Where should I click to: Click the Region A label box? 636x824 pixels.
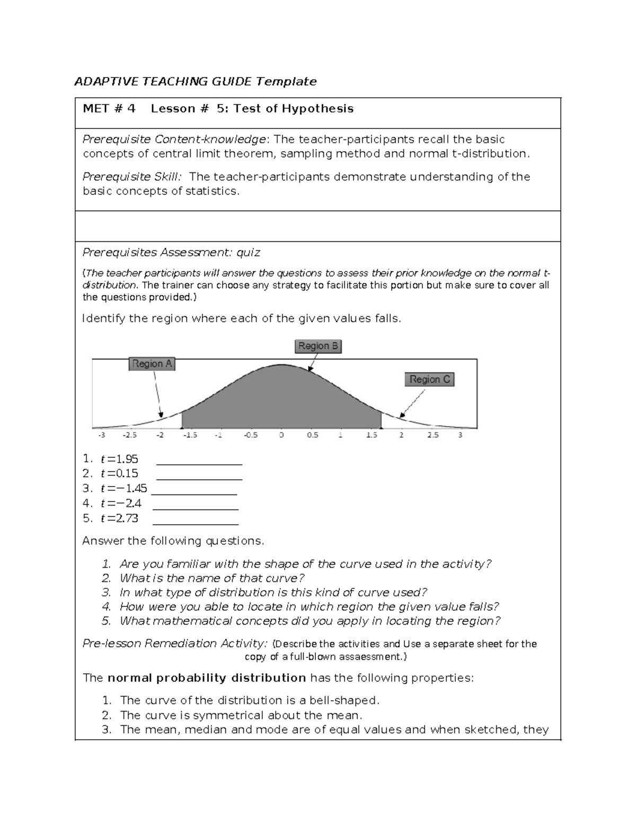[152, 364]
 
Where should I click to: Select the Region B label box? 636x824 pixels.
[318, 346]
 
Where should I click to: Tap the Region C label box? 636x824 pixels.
[430, 379]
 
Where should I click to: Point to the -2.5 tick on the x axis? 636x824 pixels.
[130, 435]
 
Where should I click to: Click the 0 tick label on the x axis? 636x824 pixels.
[281, 435]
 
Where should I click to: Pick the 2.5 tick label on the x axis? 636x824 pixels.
[433, 435]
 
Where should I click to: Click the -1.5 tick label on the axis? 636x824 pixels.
[190, 435]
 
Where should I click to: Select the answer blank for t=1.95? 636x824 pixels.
[199, 459]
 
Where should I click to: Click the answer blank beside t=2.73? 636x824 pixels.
[195, 519]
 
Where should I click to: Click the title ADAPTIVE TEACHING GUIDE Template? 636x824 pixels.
[195, 81]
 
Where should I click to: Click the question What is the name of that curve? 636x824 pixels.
[212, 578]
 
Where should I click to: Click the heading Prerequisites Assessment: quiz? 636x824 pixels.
[171, 253]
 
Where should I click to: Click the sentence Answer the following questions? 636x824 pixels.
[173, 541]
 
